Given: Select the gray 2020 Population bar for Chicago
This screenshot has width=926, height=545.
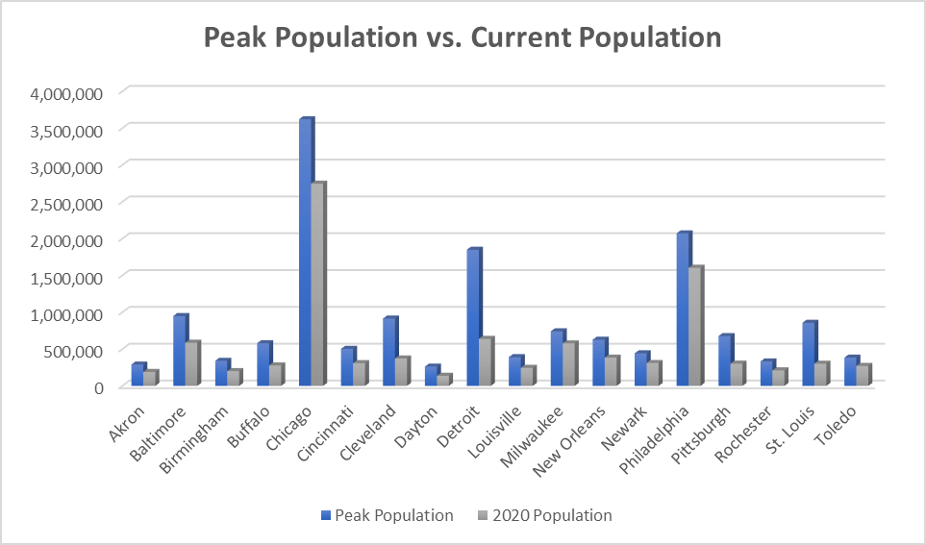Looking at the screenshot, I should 318,285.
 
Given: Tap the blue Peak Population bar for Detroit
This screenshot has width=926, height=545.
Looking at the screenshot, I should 473,317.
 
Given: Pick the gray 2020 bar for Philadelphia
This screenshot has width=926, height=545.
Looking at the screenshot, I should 695,327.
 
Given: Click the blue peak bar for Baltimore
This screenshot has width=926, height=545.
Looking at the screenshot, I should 179,351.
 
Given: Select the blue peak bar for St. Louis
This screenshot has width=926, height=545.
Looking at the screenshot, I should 809,354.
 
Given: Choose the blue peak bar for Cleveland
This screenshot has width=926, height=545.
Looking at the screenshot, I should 389,352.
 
